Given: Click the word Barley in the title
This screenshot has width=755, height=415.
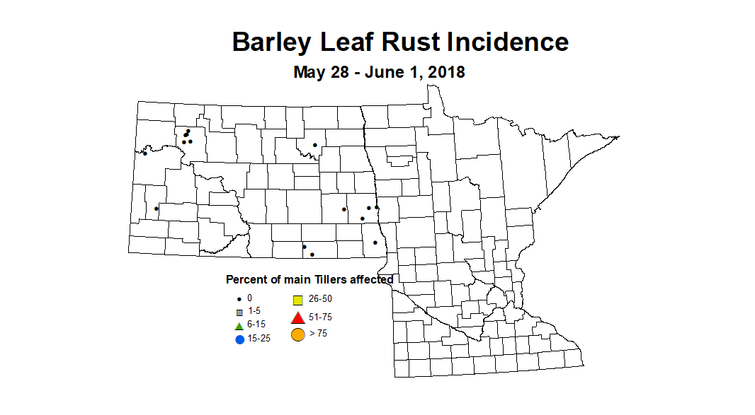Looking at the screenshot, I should point(271,42).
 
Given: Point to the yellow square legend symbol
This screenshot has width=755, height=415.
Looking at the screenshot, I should point(298,300).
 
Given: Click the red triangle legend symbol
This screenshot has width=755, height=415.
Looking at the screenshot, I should point(298,317).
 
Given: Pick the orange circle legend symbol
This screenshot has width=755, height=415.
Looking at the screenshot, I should point(298,334).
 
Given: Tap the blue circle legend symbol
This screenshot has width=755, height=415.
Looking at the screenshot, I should point(239,339).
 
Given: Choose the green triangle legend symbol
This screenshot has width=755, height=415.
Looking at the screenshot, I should point(239,325).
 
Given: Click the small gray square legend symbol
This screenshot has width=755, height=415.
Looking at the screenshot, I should point(239,312).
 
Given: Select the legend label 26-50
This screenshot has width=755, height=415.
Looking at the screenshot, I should point(320,299).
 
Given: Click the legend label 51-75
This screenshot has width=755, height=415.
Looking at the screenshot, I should point(320,317).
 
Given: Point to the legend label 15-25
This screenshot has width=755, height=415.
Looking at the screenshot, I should point(259,339).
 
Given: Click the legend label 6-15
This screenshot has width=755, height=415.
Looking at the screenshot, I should point(256,324).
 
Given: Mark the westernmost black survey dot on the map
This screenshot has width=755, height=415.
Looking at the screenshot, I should point(144,153).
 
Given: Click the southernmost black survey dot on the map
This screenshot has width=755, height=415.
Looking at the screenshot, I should point(312,254).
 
